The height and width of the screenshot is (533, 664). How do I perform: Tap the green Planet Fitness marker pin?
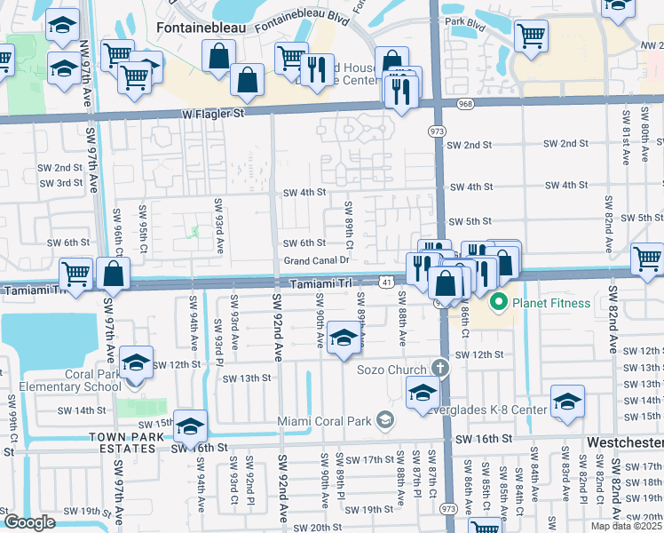[498, 303]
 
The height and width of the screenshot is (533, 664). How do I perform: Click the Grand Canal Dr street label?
[317, 261]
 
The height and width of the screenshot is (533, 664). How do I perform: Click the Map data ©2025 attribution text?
[626, 526]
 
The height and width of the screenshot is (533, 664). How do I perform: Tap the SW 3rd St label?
[60, 183]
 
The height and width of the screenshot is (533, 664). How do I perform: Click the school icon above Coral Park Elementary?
[137, 362]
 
